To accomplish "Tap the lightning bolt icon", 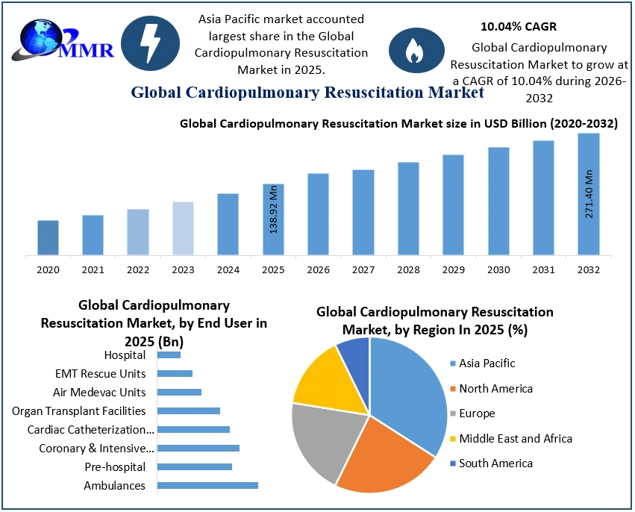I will [150, 44].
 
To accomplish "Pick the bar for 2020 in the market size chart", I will [48, 237].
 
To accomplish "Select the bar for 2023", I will [183, 228].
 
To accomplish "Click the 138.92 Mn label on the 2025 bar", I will [274, 209].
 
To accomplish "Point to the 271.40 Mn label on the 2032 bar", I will [589, 194].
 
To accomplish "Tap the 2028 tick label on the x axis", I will [408, 269].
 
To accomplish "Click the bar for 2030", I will [498, 201].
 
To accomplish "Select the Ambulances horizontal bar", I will [207, 485].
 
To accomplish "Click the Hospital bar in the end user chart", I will [169, 355].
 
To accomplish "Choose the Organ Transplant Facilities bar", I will [189, 410].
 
